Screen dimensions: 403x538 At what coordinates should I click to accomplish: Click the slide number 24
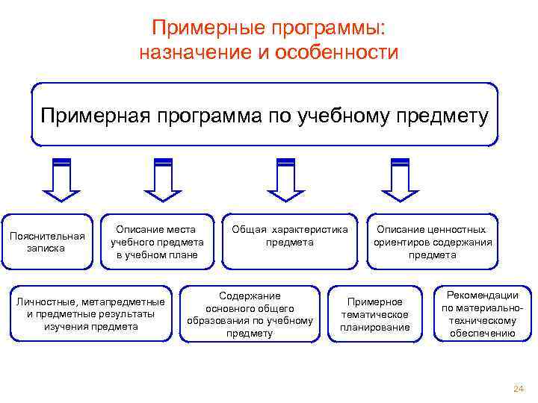(519, 389)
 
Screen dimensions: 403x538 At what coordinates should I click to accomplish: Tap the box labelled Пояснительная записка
(47, 242)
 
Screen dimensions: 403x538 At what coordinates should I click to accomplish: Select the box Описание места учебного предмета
(157, 242)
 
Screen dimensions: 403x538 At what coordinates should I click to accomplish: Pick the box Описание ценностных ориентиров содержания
(432, 242)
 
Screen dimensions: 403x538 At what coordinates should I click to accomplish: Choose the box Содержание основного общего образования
(250, 313)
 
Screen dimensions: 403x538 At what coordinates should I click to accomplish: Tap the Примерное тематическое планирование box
(375, 313)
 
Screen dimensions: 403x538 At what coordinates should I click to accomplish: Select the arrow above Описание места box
(162, 180)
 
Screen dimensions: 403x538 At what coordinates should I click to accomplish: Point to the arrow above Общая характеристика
(285, 180)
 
